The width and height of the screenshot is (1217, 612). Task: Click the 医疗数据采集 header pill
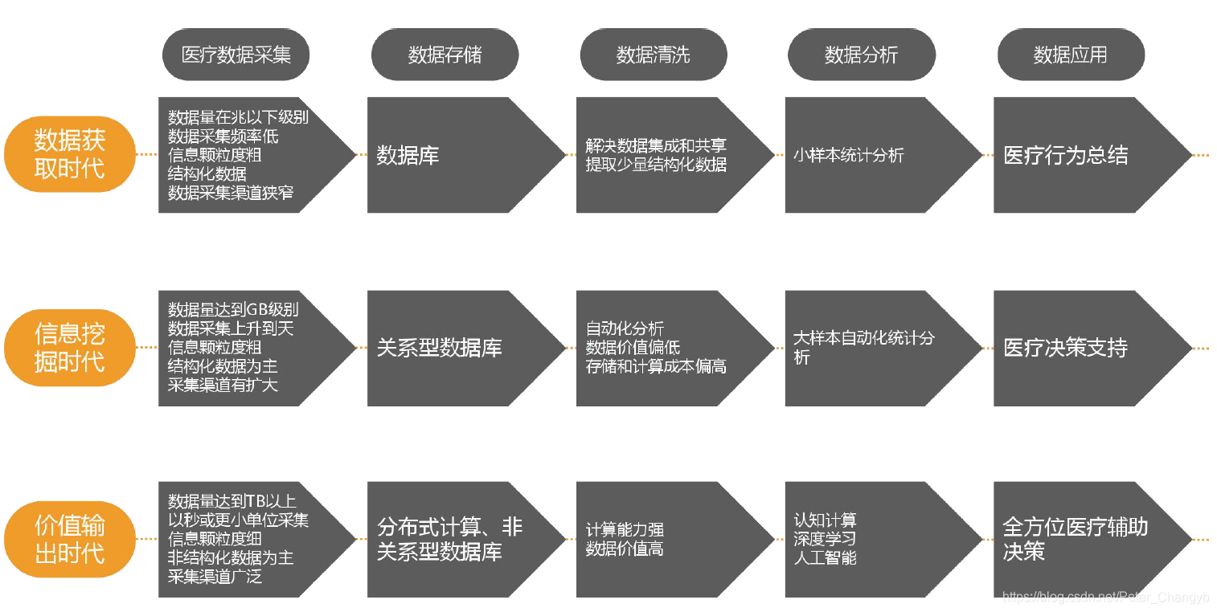[236, 55]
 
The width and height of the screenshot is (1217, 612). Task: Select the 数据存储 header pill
[445, 55]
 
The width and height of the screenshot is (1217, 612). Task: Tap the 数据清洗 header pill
[653, 55]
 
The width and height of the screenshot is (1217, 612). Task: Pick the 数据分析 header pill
[861, 55]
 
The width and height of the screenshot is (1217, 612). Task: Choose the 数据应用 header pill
[1070, 55]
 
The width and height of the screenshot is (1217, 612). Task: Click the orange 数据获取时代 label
[69, 155]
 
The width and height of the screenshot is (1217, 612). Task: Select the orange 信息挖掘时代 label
[69, 347]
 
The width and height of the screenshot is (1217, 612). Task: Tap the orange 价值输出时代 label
[69, 539]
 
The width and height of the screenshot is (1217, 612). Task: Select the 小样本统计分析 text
[848, 155]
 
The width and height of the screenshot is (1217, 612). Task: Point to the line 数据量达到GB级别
[233, 309]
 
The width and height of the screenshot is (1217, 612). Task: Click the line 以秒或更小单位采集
[238, 520]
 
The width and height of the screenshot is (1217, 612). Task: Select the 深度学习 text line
[825, 538]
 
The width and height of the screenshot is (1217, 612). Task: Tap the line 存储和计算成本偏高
[656, 366]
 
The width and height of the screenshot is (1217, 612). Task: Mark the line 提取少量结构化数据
[656, 165]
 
